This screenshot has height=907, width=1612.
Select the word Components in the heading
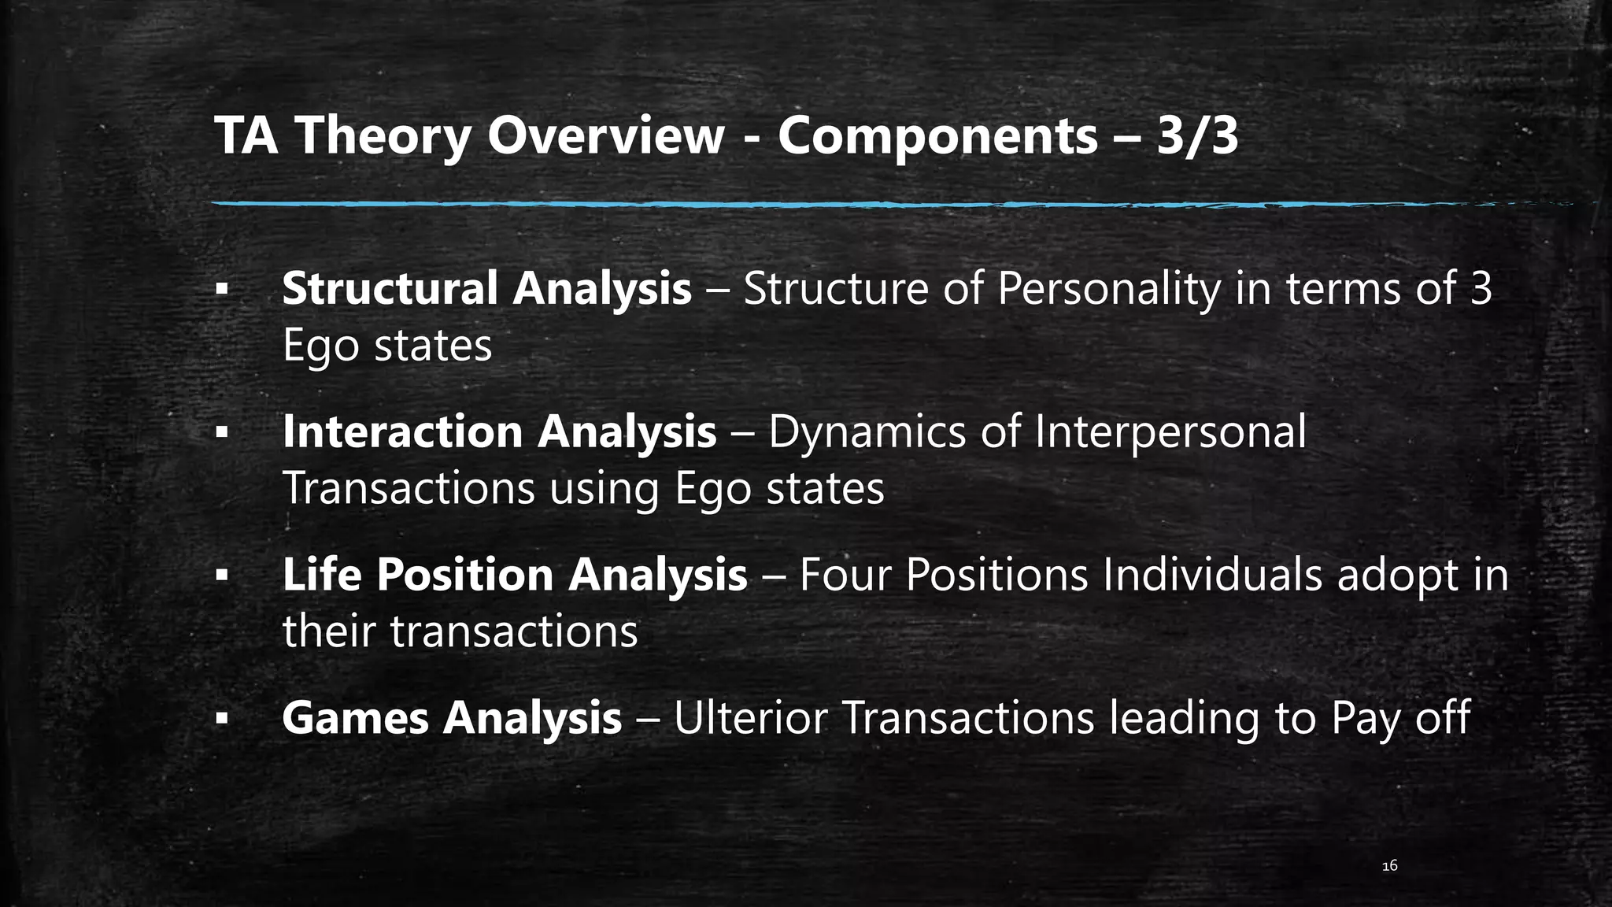(x=937, y=137)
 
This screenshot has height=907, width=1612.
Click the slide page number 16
(x=1389, y=866)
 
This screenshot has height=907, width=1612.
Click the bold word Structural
(x=389, y=287)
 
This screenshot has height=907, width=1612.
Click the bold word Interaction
(x=402, y=431)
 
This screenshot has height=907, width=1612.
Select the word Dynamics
(x=867, y=433)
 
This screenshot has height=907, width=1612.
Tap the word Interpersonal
(x=1170, y=431)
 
